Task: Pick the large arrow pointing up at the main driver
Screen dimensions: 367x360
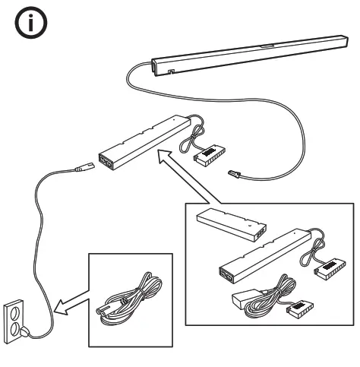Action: [182, 179]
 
